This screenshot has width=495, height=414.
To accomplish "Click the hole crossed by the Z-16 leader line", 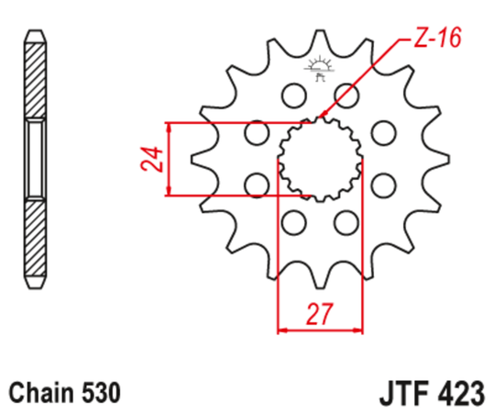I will [346, 94].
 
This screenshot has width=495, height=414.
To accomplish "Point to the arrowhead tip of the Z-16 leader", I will [321, 117].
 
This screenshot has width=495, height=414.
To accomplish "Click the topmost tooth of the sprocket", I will [320, 39].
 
